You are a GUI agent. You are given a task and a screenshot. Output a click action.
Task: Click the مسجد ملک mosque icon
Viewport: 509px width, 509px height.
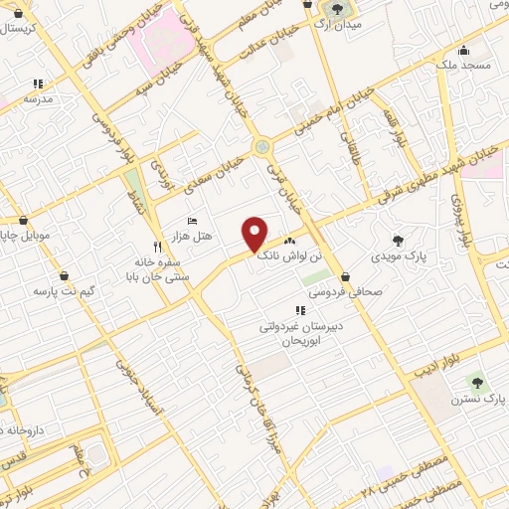461,50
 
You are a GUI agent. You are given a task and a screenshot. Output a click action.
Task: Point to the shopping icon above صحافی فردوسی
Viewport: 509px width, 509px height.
345,276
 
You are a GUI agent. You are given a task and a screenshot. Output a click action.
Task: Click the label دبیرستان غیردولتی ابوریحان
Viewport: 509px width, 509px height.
300,330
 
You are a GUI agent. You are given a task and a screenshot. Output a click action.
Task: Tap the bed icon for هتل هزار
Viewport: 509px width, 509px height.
193,221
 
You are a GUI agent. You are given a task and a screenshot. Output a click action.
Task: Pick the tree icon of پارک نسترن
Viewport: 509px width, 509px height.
474,381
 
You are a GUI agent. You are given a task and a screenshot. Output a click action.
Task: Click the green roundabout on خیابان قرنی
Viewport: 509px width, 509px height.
261,147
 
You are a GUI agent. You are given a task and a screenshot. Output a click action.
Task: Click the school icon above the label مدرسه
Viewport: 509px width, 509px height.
38,85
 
